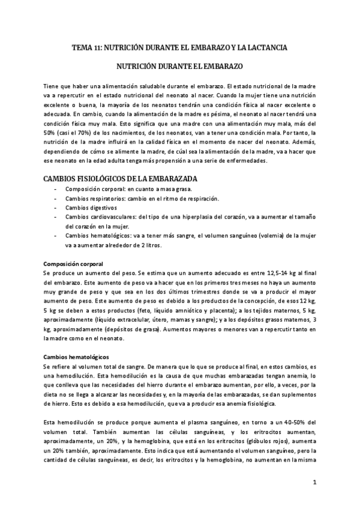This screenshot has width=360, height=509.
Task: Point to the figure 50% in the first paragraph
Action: pyautogui.click(x=50, y=132)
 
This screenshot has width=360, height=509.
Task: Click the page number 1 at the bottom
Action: pyautogui.click(x=314, y=482)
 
